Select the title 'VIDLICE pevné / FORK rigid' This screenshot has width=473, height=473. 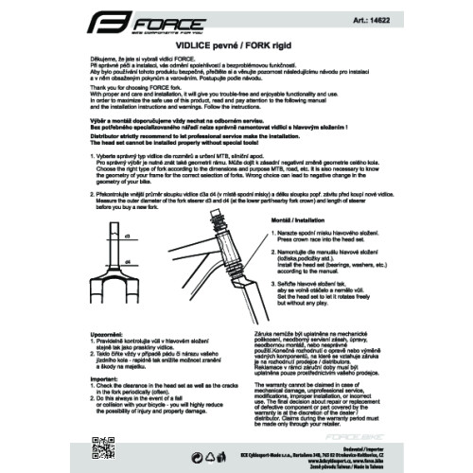[x=236, y=44]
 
